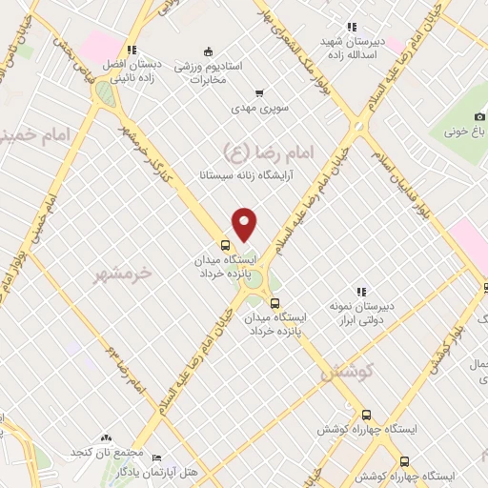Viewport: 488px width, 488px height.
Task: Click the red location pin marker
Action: coord(245,225)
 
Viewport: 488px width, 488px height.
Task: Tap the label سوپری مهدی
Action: coord(260,110)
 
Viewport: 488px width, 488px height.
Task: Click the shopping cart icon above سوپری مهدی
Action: coord(260,94)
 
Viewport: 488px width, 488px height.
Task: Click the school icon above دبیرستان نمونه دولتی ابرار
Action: coord(361,291)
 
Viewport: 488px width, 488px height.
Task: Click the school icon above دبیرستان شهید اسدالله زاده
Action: coord(352,27)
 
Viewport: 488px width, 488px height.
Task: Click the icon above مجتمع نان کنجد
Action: coord(104,436)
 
